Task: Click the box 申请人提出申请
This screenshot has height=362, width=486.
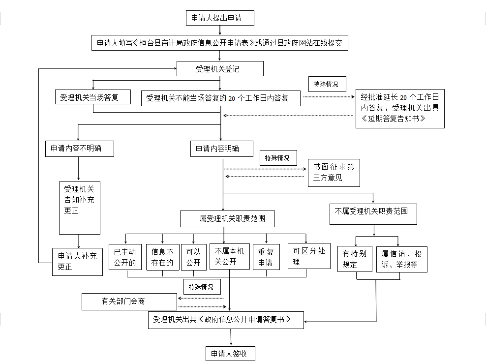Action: pyautogui.click(x=220, y=18)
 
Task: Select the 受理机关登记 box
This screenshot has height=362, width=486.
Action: pyautogui.click(x=220, y=68)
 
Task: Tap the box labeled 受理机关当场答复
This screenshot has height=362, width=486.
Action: pyautogui.click(x=93, y=97)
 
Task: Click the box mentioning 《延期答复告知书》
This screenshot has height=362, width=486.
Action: pyautogui.click(x=400, y=109)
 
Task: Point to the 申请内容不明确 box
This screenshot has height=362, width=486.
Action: pyautogui.click(x=80, y=149)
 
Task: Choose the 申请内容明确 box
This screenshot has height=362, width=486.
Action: pyautogui.click(x=222, y=149)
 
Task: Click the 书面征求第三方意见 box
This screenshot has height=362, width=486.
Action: pyautogui.click(x=334, y=173)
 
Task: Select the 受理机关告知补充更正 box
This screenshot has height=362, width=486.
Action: pyautogui.click(x=80, y=208)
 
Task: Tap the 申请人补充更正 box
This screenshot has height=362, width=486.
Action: pyautogui.click(x=78, y=262)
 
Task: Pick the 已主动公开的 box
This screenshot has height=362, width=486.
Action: pyautogui.click(x=125, y=257)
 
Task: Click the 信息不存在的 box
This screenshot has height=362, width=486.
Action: pyautogui.click(x=163, y=257)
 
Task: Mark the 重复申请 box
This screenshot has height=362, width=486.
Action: pyautogui.click(x=266, y=257)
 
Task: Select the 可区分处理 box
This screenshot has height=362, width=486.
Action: pyautogui.click(x=309, y=256)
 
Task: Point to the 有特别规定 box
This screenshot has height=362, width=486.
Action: pyautogui.click(x=355, y=259)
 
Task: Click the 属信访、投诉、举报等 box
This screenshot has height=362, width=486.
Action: pyautogui.click(x=402, y=259)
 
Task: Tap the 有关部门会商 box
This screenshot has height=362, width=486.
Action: pyautogui.click(x=129, y=302)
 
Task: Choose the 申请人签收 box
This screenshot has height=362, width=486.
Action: pyautogui.click(x=231, y=354)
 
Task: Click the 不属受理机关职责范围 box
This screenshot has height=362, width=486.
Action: pyautogui.click(x=373, y=214)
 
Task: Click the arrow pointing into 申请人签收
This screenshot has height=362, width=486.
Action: pyautogui.click(x=231, y=337)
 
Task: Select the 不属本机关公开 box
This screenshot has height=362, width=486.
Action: pyautogui.click(x=230, y=256)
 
